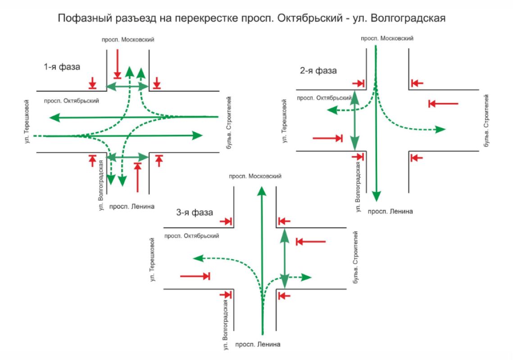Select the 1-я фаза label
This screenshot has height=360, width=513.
click(62, 67)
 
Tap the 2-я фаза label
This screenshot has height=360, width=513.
click(318, 71)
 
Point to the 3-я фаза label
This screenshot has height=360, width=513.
click(195, 212)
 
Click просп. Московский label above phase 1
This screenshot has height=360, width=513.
click(128, 40)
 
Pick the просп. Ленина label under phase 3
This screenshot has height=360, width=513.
click(258, 344)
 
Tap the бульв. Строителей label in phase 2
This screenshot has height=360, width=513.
click(486, 121)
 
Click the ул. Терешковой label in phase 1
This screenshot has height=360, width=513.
click(27, 121)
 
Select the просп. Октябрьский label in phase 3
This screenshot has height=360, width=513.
click(192, 236)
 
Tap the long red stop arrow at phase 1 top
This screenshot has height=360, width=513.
click(117, 64)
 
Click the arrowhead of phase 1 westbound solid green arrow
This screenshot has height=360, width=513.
click(54, 117)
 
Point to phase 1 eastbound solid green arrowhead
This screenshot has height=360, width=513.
click(197, 135)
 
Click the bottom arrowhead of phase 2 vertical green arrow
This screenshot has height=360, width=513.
click(377, 197)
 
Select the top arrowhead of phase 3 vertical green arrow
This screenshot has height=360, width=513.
click(262, 191)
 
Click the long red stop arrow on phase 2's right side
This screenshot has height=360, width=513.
click(443, 104)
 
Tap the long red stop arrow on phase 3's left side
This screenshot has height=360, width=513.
click(195, 276)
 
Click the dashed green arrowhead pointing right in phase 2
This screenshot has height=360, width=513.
click(440, 129)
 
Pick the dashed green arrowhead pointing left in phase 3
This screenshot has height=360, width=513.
click(198, 258)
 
